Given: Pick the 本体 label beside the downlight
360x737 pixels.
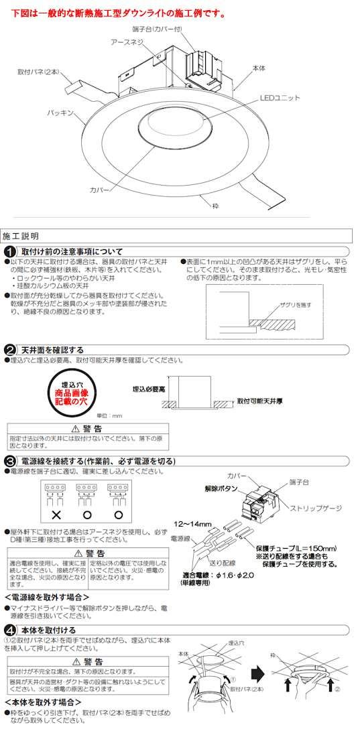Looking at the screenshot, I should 259,68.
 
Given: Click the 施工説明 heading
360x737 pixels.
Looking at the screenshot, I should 21,236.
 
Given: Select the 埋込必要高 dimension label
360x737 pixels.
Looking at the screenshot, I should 148,389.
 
